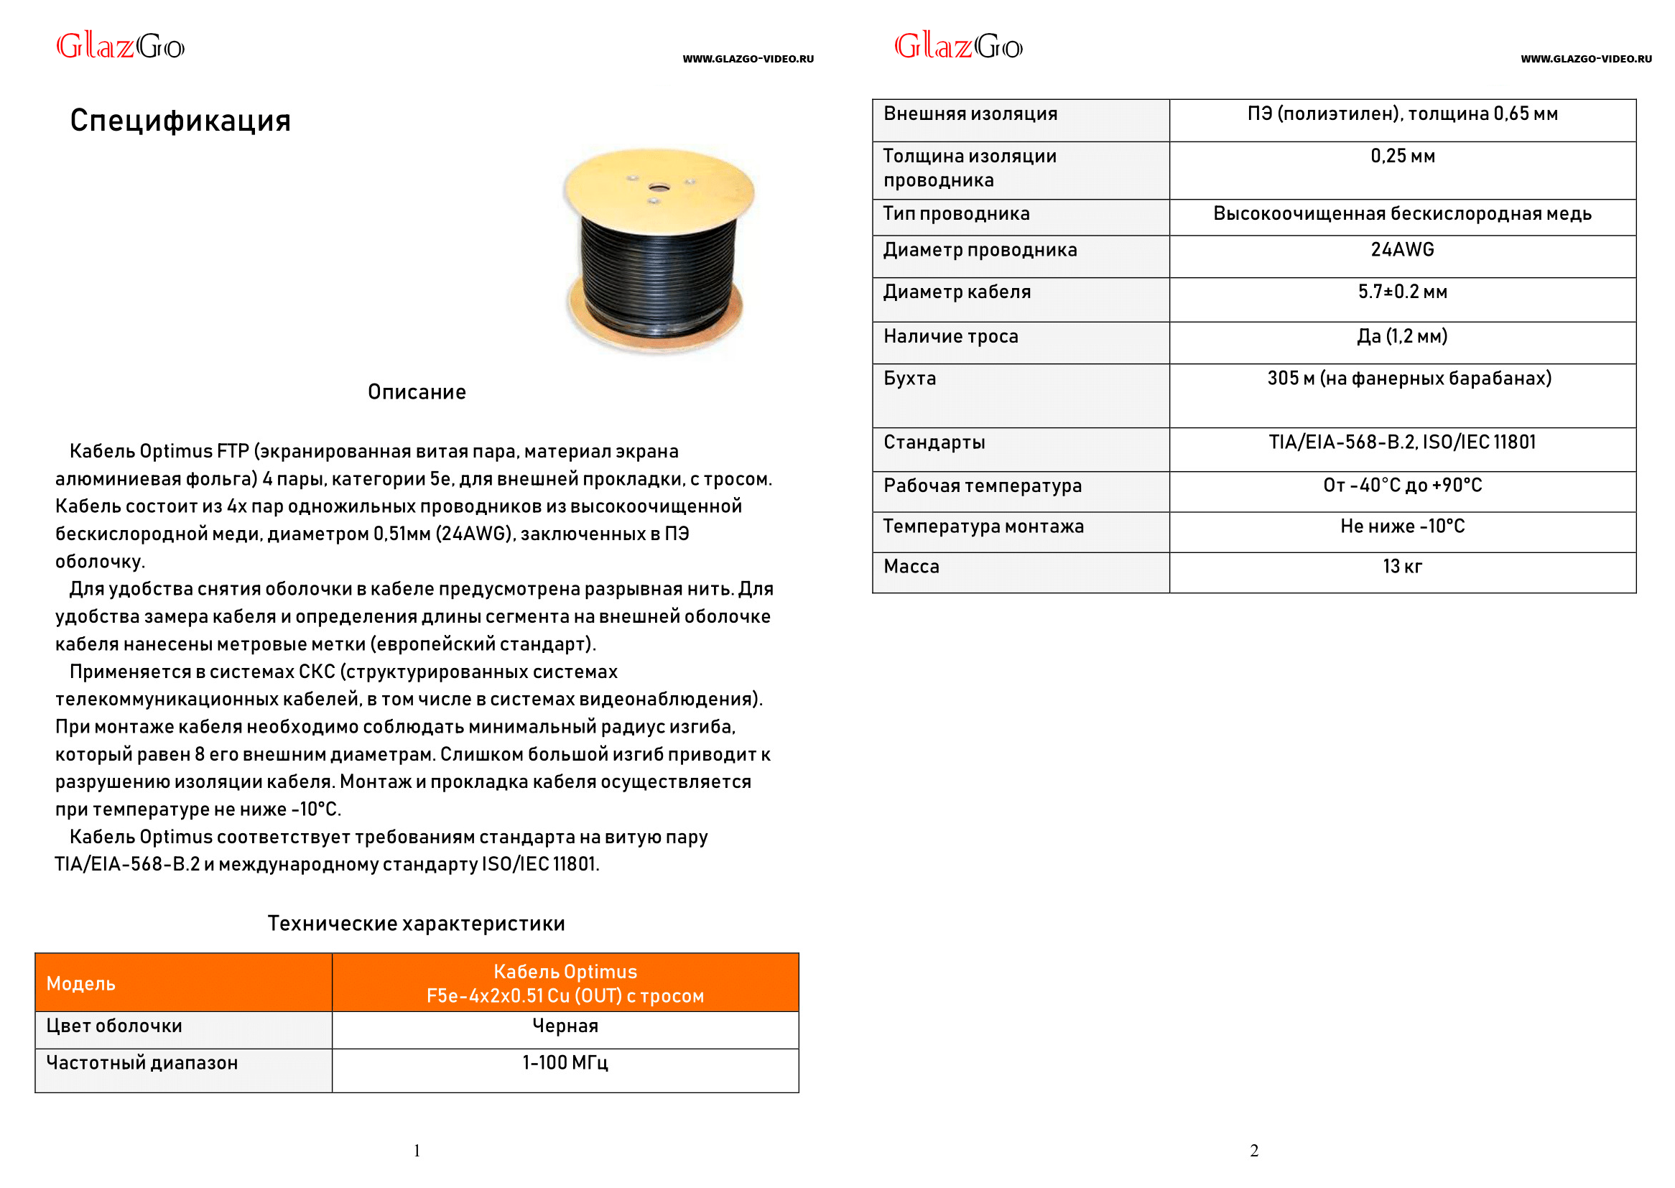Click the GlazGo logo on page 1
point(121,47)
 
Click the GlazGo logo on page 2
point(958,47)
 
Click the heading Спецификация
point(180,121)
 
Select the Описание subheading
point(416,392)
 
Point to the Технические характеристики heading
point(416,923)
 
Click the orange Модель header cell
point(81,983)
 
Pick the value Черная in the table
point(565,1026)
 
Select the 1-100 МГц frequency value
point(565,1062)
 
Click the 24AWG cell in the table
point(1402,250)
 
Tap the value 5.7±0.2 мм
point(1402,292)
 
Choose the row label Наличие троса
point(950,336)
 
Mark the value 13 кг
point(1402,566)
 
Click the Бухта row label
point(909,379)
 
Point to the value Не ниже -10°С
point(1402,526)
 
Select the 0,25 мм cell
point(1402,156)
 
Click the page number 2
point(1253,1151)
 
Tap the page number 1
point(417,1151)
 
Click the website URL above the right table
point(1586,59)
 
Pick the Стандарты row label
point(934,442)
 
